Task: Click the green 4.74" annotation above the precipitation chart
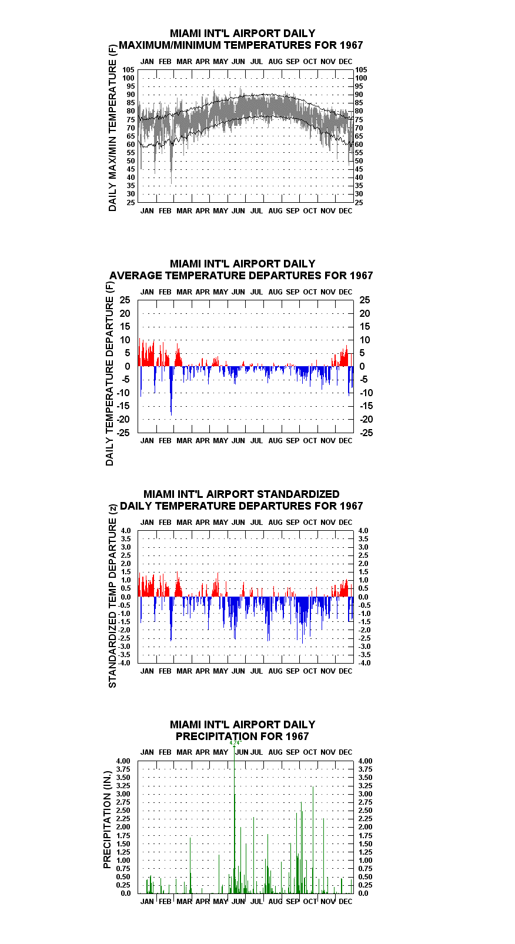(236, 742)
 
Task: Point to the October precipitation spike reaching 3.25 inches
(313, 839)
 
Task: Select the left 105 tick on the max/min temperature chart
(129, 70)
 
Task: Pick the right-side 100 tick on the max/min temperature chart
(361, 78)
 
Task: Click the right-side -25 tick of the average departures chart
(366, 433)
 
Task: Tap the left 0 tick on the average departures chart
(127, 367)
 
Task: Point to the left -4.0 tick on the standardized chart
(125, 663)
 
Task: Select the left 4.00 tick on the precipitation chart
(123, 761)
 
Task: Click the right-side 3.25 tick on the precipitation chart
(366, 786)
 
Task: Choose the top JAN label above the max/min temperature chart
(147, 62)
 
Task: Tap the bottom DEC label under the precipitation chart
(346, 902)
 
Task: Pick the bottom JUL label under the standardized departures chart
(257, 671)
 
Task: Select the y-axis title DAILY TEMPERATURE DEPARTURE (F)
(109, 374)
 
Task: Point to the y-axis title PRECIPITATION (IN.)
(107, 820)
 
